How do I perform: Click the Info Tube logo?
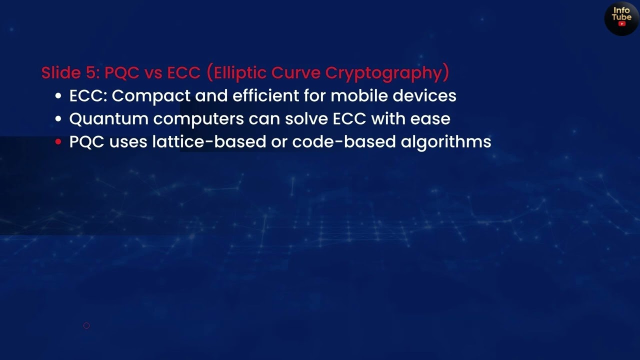coord(621,18)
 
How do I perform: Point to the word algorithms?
coord(446,142)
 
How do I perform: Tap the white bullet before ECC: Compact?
coord(58,96)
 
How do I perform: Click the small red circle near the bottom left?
coord(86,325)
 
